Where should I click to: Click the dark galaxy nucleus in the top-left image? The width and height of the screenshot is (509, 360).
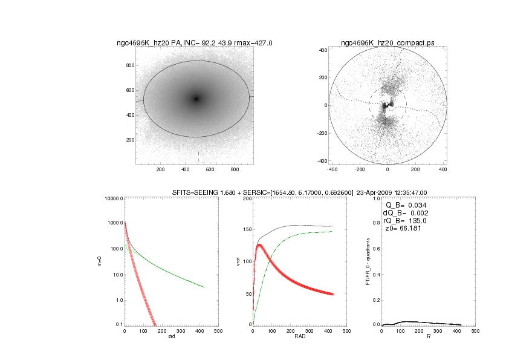click(x=196, y=99)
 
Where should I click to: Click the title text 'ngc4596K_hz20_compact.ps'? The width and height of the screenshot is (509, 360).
click(x=387, y=43)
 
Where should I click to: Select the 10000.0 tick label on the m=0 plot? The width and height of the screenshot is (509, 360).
click(x=114, y=198)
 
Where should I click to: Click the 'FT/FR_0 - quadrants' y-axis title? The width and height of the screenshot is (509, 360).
click(x=368, y=261)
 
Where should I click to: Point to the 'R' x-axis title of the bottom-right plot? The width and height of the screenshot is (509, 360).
click(x=429, y=336)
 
